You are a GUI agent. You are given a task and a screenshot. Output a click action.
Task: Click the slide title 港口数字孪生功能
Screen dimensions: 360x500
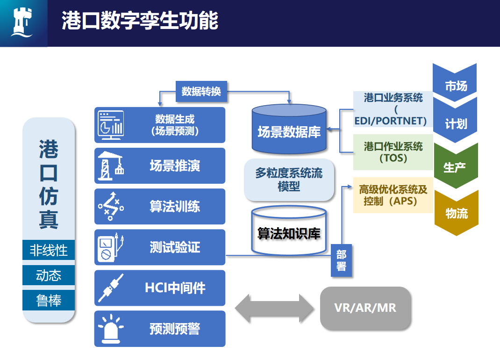pyautogui.click(x=140, y=21)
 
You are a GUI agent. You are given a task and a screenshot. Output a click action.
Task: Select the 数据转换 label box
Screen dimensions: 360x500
pyautogui.click(x=201, y=91)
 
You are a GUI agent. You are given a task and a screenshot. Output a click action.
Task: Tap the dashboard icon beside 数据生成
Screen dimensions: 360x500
pyautogui.click(x=111, y=125)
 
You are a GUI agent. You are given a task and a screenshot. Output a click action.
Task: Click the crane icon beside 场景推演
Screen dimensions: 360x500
pyautogui.click(x=111, y=166)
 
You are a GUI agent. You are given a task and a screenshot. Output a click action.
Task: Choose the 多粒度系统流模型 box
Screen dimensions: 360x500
pyautogui.click(x=289, y=180)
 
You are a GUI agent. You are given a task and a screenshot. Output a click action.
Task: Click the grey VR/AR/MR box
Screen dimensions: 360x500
pyautogui.click(x=365, y=308)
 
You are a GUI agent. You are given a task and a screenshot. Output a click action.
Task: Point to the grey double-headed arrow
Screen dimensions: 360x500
pyautogui.click(x=273, y=308)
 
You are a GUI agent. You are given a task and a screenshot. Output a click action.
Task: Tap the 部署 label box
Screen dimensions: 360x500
pyautogui.click(x=341, y=260)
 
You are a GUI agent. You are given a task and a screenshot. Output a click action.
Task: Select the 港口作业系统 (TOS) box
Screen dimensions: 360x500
pyautogui.click(x=393, y=152)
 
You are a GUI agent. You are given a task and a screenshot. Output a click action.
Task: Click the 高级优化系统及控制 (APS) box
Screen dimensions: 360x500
pyautogui.click(x=393, y=195)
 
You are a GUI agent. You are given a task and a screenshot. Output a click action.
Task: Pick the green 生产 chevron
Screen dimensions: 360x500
pyautogui.click(x=456, y=166)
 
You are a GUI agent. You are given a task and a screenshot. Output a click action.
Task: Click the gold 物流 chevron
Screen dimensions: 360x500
pyautogui.click(x=456, y=213)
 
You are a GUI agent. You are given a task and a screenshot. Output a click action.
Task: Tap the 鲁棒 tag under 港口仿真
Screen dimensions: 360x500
pyautogui.click(x=49, y=300)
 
